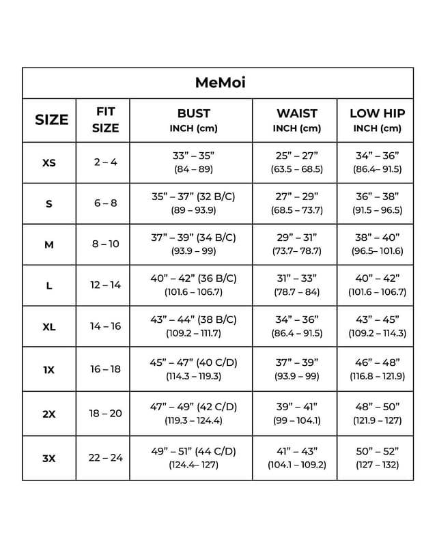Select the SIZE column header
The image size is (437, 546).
click(51, 119)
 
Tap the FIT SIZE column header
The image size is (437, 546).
click(106, 119)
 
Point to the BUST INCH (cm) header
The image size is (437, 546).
click(193, 120)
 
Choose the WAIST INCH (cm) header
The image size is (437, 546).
click(296, 120)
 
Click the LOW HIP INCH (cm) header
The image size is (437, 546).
click(376, 120)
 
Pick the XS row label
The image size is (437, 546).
click(49, 163)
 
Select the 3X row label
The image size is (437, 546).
click(49, 459)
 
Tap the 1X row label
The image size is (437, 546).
click(49, 369)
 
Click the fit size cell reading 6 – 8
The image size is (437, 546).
click(106, 203)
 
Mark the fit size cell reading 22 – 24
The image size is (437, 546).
click(106, 457)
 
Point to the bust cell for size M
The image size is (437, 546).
click(193, 244)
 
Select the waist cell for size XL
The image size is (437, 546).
click(296, 326)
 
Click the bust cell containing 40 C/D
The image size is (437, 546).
click(193, 369)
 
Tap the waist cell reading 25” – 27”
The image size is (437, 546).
click(296, 162)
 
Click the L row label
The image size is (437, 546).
click(49, 285)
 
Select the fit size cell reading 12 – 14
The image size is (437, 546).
click(106, 285)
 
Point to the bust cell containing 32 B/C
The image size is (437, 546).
click(193, 203)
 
